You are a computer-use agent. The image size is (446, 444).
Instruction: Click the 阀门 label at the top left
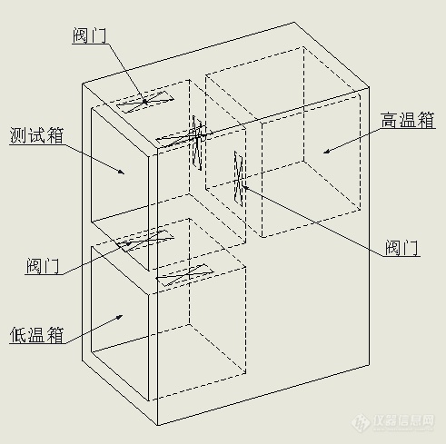[90, 35]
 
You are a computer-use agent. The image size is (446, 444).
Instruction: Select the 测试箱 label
[36, 135]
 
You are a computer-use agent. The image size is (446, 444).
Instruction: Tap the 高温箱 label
[408, 120]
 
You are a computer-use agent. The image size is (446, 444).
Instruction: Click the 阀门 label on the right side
[401, 248]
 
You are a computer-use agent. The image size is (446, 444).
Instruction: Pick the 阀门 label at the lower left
[43, 266]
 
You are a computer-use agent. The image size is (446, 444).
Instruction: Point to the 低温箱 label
[37, 335]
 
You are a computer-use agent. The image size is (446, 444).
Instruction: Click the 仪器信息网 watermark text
[404, 420]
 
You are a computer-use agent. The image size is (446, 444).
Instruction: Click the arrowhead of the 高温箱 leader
[326, 152]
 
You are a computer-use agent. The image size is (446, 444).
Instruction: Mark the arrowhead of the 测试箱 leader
[121, 172]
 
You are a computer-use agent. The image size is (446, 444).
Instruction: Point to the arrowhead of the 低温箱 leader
[120, 317]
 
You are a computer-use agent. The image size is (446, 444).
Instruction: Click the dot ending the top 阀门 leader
[145, 102]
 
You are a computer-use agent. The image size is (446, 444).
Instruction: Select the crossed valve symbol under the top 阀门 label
[145, 102]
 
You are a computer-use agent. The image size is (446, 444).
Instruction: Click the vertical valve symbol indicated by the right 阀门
[239, 179]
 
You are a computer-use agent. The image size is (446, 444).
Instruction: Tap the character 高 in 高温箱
[390, 120]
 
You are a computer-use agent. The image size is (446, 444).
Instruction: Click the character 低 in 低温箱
[18, 335]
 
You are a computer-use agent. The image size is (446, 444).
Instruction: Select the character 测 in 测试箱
[18, 135]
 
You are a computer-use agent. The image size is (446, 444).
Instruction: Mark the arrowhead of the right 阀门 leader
[245, 188]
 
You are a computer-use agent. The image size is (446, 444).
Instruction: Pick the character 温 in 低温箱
[37, 335]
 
